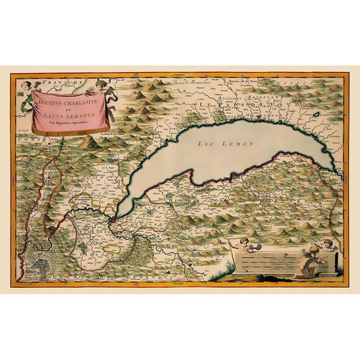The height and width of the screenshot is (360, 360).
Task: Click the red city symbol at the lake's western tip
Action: click(x=112, y=220)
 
